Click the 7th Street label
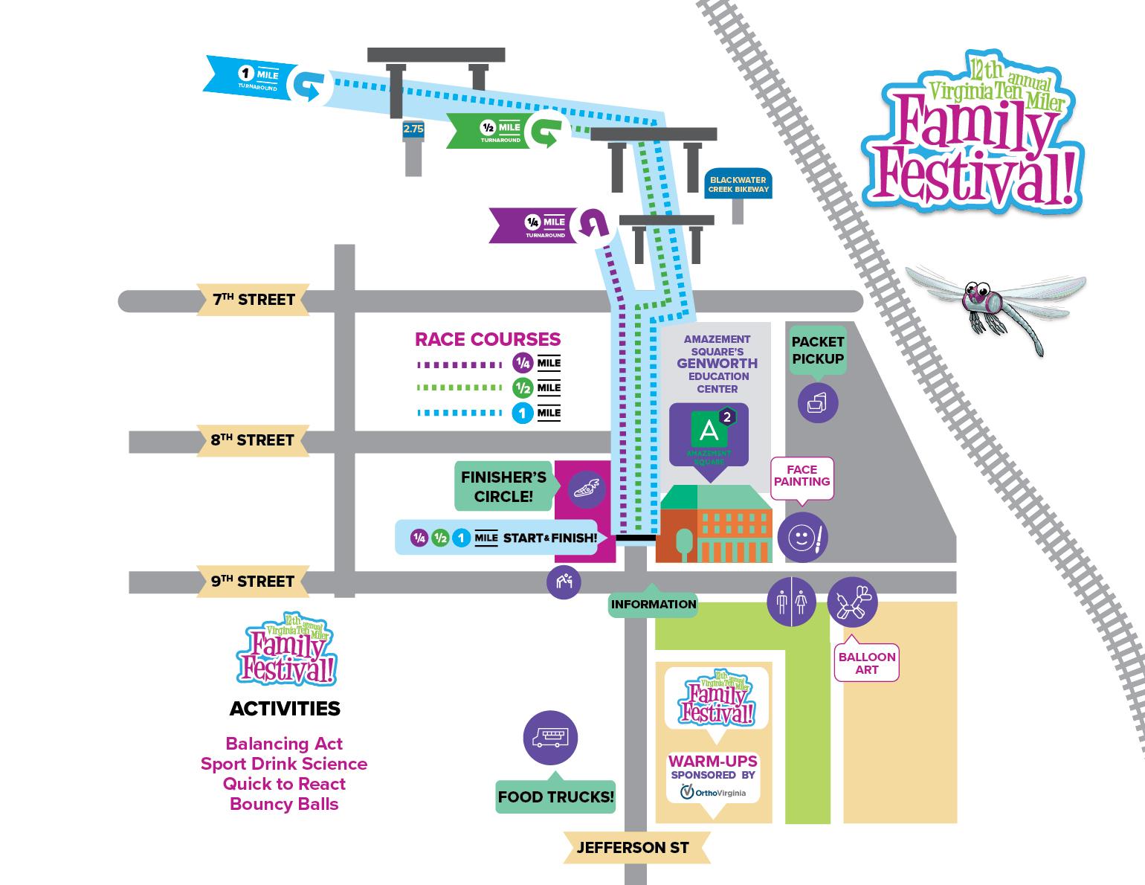click(253, 300)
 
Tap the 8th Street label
click(253, 440)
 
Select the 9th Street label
click(253, 581)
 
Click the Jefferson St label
click(633, 847)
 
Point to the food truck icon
click(550, 738)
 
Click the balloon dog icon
click(852, 602)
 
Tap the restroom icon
click(791, 602)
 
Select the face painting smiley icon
click(802, 537)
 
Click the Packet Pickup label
click(818, 350)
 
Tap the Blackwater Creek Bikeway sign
click(738, 184)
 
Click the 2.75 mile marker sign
click(413, 129)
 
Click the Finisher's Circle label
click(503, 487)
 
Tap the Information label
click(654, 604)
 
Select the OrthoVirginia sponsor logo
click(713, 794)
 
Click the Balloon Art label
click(867, 663)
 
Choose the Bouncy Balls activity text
click(284, 804)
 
